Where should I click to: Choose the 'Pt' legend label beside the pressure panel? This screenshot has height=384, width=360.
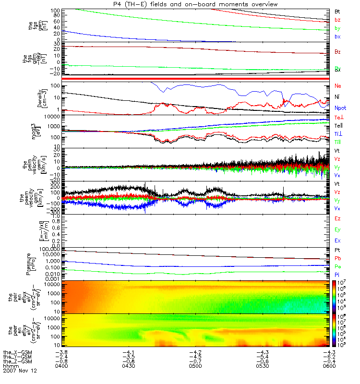(x=337, y=251)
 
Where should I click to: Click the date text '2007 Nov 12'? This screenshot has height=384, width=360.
(x=20, y=371)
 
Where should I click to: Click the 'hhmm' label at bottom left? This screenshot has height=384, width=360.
(x=10, y=366)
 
